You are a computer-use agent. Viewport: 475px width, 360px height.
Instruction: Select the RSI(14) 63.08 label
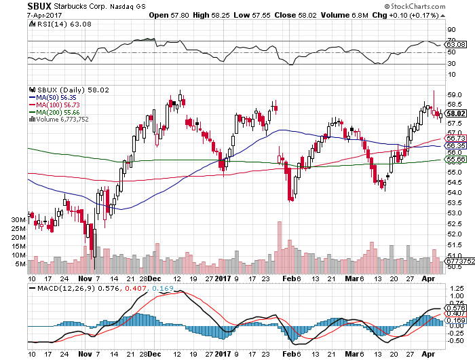coord(50,24)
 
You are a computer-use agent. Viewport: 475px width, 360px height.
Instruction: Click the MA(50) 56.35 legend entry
coord(52,97)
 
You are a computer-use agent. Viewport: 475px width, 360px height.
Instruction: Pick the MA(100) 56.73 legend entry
coord(54,105)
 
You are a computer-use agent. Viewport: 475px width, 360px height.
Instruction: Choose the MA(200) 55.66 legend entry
coord(54,112)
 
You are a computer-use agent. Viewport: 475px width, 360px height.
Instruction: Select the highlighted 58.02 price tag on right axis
coord(455,113)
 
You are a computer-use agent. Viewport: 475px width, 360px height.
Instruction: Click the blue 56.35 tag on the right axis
coord(455,146)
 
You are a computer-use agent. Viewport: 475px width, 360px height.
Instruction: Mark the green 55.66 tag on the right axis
coord(455,160)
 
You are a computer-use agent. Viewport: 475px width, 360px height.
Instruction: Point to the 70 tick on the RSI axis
coord(451,41)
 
